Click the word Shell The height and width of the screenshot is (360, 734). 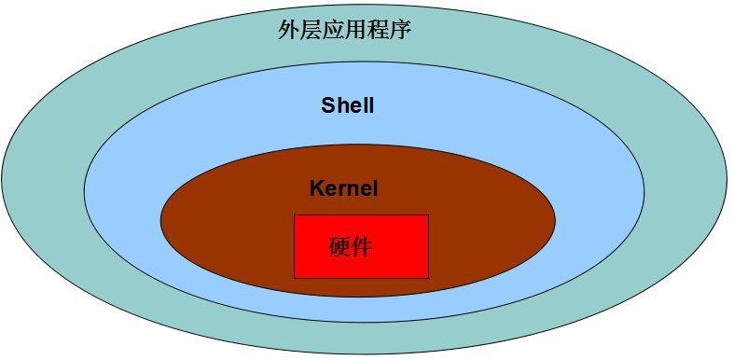[x=348, y=105]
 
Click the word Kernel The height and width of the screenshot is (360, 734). [x=344, y=188]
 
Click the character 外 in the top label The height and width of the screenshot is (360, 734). [x=288, y=30]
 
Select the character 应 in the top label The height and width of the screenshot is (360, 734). [x=333, y=30]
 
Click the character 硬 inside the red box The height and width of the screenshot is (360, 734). [x=340, y=246]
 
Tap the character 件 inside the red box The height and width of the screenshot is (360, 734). [x=362, y=246]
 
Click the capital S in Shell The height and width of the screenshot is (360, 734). [x=328, y=105]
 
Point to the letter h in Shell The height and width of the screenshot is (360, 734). [x=340, y=105]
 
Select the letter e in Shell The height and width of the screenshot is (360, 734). [x=353, y=106]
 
